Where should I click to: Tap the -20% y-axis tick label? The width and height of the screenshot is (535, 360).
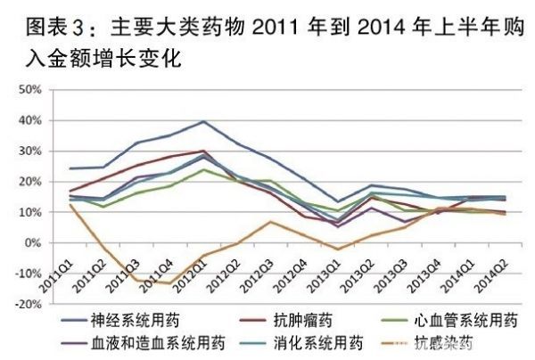29,304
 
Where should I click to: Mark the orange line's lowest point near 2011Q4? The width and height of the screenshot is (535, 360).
167,283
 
